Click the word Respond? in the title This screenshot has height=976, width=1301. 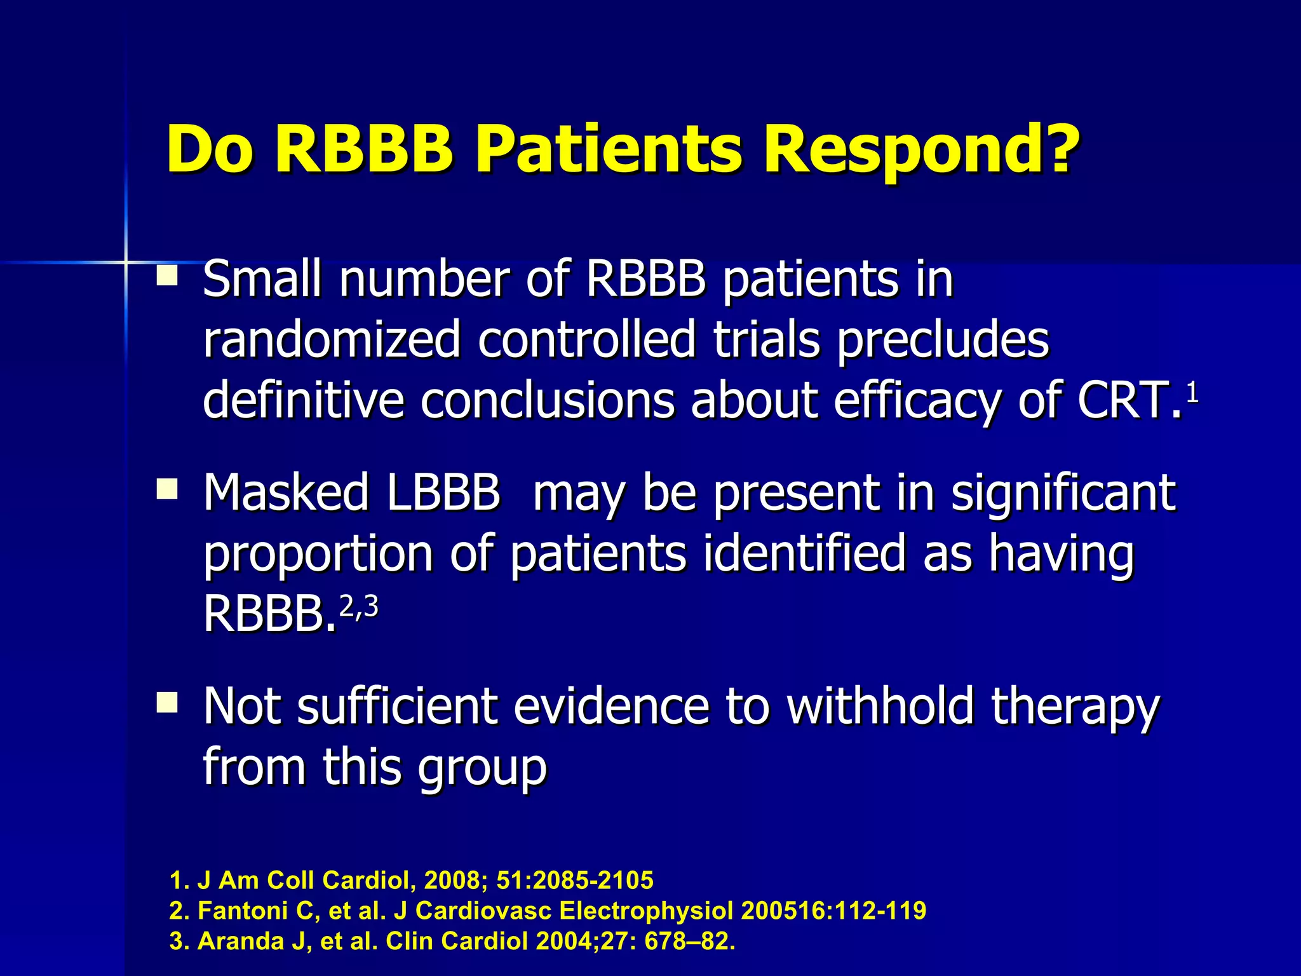tap(920, 149)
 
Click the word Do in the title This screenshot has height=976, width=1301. tap(210, 149)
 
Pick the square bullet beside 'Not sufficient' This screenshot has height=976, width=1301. tap(168, 703)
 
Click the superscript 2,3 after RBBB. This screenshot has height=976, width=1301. tap(359, 607)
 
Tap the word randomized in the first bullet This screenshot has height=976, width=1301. tap(332, 340)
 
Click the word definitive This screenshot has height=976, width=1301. tap(303, 400)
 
